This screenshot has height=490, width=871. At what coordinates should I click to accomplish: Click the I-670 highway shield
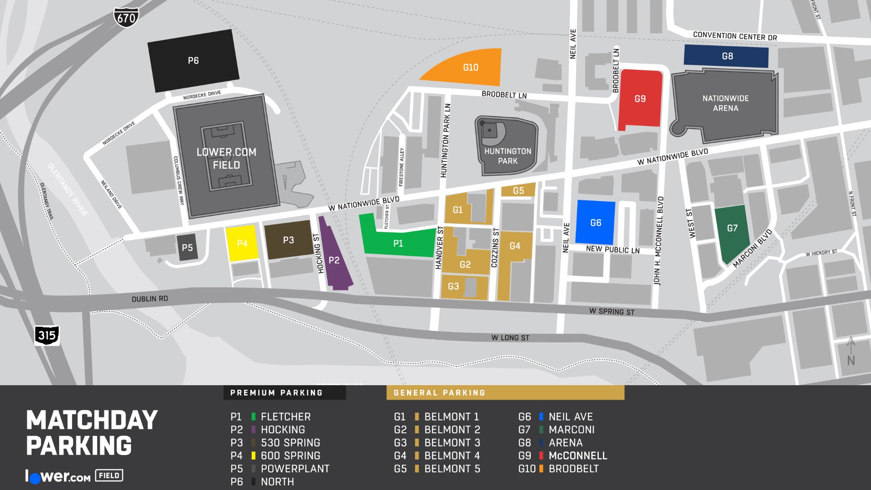[126, 18]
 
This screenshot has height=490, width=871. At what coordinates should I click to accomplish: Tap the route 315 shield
[47, 335]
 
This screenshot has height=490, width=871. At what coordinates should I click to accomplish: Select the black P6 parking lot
[193, 60]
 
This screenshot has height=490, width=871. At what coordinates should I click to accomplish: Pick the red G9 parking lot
[640, 99]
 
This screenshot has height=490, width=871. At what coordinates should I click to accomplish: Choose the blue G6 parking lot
[595, 223]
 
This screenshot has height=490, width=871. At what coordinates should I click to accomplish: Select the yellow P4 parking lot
[242, 244]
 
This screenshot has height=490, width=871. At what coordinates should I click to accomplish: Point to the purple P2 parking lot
[334, 260]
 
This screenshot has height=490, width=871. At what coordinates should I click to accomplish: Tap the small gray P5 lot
[187, 248]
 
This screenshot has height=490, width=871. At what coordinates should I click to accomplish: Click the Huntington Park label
[508, 156]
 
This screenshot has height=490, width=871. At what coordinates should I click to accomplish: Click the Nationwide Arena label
[725, 103]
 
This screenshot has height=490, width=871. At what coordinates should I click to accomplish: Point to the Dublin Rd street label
[150, 299]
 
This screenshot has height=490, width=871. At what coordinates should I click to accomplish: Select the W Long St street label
[510, 338]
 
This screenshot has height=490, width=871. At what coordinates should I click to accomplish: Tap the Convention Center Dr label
[734, 36]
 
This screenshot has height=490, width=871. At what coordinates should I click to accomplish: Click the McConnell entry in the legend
[577, 456]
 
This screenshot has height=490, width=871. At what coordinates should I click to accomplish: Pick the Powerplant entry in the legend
[294, 469]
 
